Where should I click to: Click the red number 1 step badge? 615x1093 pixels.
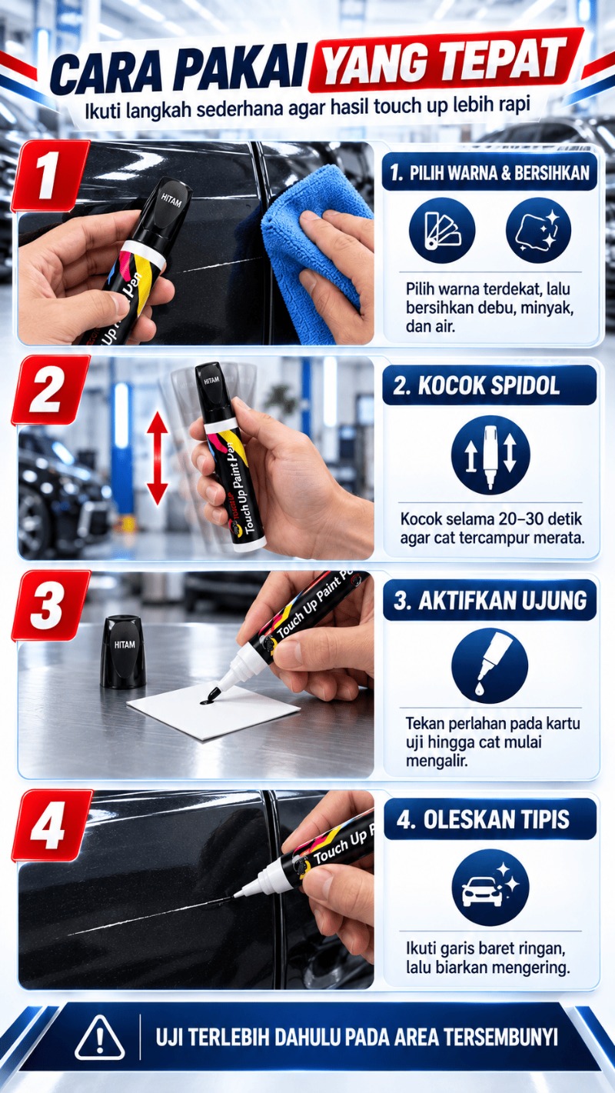click(50, 175)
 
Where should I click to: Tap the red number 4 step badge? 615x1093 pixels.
click(52, 825)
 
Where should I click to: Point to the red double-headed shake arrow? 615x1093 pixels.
click(158, 458)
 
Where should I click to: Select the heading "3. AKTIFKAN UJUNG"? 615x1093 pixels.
click(490, 600)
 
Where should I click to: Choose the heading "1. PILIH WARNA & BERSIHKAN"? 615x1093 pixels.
click(490, 173)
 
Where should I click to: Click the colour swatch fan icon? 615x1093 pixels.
click(442, 230)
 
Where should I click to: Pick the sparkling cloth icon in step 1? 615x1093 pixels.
click(538, 230)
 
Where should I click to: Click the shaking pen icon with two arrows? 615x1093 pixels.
click(490, 455)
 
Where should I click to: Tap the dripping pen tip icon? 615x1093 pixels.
click(490, 665)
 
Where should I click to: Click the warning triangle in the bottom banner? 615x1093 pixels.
click(99, 1038)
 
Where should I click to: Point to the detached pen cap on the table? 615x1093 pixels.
click(123, 652)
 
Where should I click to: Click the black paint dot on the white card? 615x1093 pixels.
click(208, 701)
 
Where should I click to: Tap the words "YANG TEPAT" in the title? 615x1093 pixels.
click(445, 63)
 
